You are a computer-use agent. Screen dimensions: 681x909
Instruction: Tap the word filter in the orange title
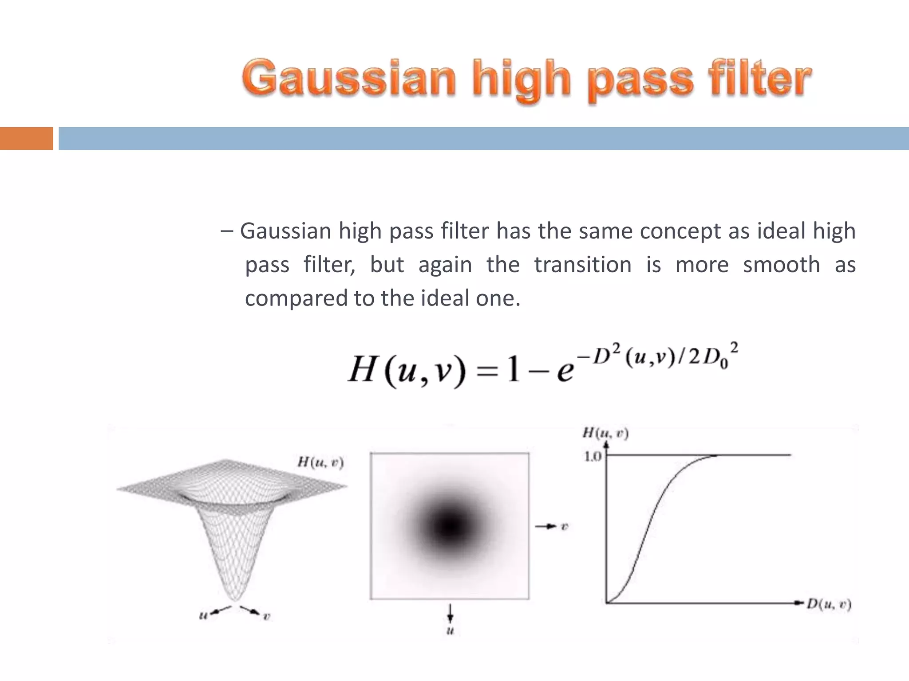pyautogui.click(x=760, y=78)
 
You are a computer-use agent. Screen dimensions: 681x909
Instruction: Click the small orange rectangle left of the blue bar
pyautogui.click(x=26, y=138)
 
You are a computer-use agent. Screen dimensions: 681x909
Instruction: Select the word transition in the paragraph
pyautogui.click(x=583, y=265)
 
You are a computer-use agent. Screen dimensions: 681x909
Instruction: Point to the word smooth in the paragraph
pyautogui.click(x=782, y=265)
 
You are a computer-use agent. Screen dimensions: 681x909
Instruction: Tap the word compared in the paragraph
pyautogui.click(x=296, y=298)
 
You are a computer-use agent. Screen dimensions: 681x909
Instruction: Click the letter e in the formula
pyautogui.click(x=565, y=370)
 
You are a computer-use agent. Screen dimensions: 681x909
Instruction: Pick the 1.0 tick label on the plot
pyautogui.click(x=593, y=456)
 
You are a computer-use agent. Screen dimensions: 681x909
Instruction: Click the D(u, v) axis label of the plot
pyautogui.click(x=829, y=604)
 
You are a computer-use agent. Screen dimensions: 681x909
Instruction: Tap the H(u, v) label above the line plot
pyautogui.click(x=605, y=433)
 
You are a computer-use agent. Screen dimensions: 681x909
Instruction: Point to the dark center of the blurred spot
pyautogui.click(x=450, y=526)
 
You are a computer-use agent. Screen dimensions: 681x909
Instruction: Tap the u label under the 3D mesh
pyautogui.click(x=203, y=615)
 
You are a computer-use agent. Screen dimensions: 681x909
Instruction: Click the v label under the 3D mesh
pyautogui.click(x=266, y=616)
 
